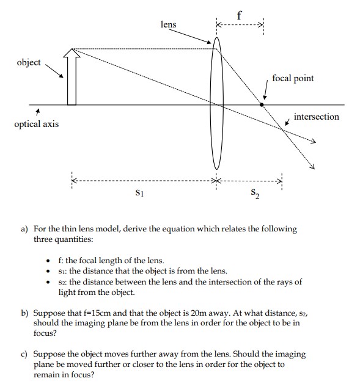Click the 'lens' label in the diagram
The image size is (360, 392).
point(168,24)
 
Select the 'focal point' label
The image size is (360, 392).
point(293,79)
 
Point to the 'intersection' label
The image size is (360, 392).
point(316,116)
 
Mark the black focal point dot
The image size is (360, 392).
point(262,105)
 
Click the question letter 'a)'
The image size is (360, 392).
point(25,229)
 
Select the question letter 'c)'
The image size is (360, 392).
point(25,354)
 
